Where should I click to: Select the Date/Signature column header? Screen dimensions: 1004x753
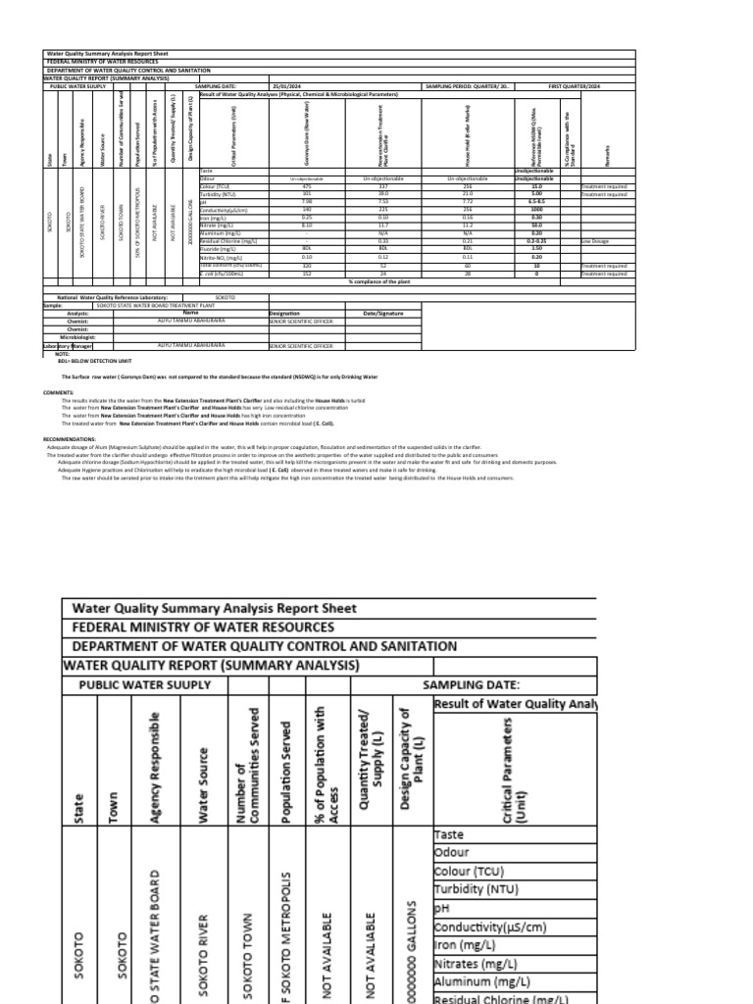click(382, 313)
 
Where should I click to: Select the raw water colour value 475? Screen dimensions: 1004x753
click(307, 186)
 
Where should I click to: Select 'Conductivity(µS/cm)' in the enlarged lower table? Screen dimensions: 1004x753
click(490, 927)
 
